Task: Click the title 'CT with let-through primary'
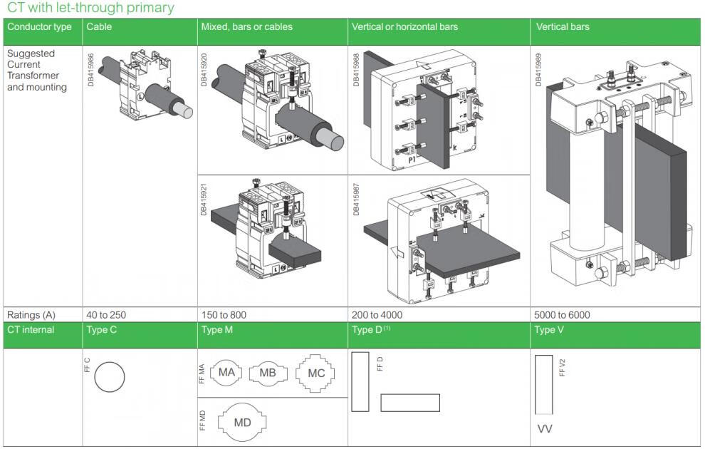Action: [90, 9]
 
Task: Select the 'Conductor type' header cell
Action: [39, 27]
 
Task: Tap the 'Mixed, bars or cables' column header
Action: [246, 27]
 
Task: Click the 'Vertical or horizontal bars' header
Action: [404, 27]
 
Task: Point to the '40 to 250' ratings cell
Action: [106, 315]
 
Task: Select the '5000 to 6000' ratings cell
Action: [562, 315]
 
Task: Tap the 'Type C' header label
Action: [101, 330]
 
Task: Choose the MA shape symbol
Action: [226, 373]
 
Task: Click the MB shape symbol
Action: [268, 373]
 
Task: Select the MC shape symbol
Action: [315, 373]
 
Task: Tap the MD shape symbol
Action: [243, 422]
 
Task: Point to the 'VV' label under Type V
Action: [545, 429]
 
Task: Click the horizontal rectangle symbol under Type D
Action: [409, 403]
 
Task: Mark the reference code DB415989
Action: [539, 68]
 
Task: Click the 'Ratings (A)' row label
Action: [31, 315]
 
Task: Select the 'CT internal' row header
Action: [31, 330]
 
